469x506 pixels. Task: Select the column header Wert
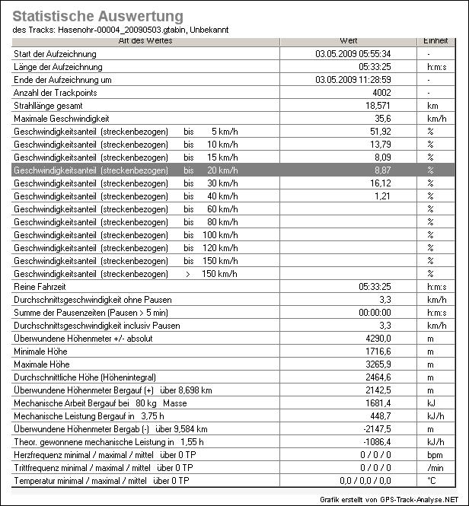346,40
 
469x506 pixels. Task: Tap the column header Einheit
430,40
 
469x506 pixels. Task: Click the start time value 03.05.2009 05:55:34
353,54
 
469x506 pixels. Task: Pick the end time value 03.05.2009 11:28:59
353,80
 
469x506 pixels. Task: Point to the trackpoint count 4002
380,93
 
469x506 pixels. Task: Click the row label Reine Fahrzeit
41,287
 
